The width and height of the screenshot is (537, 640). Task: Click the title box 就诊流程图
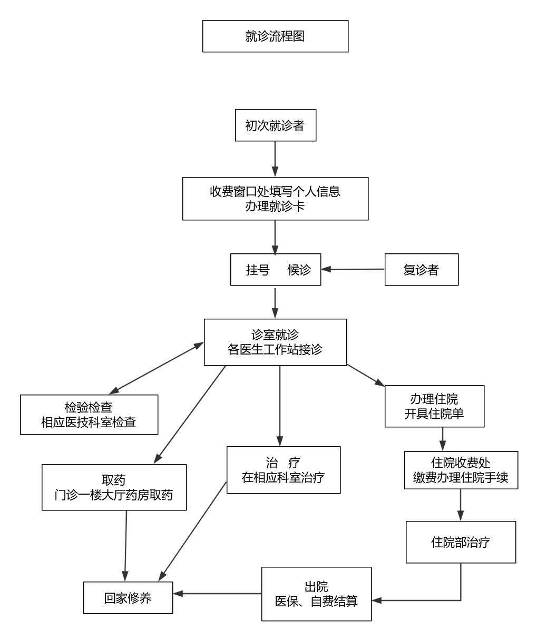275,36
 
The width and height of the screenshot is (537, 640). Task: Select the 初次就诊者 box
275,126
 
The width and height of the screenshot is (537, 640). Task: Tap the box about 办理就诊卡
275,199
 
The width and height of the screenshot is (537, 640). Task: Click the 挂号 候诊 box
276,270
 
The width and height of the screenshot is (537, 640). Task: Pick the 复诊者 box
421,270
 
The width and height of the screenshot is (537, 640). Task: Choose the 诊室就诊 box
275,342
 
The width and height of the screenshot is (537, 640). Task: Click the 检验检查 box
89,415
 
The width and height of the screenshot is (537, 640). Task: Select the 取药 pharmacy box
114,487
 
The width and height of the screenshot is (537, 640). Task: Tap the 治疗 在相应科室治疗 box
284,470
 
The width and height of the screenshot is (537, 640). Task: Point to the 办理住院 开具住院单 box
434,406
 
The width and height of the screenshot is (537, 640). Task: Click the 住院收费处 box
461,470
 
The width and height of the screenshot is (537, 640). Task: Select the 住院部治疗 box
461,542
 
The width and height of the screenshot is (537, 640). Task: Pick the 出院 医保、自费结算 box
316,594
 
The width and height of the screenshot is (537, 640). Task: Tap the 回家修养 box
128,598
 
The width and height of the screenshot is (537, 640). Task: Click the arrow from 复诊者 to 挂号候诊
353,270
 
